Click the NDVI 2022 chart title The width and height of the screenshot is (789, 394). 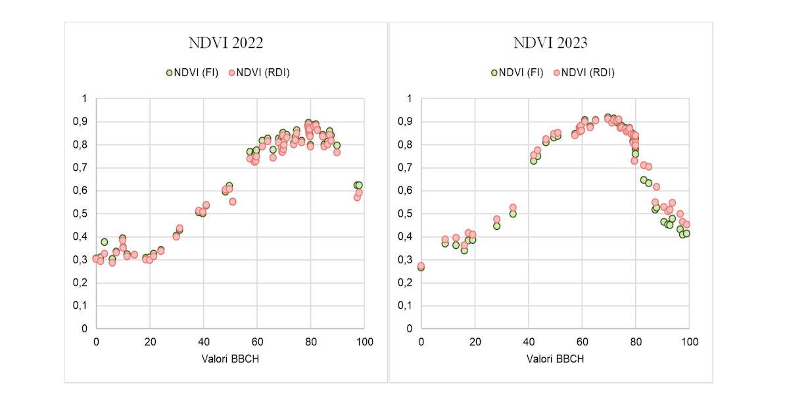pyautogui.click(x=226, y=43)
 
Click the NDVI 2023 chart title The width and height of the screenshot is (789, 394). pyautogui.click(x=550, y=43)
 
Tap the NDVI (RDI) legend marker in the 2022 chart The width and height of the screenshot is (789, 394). pyautogui.click(x=231, y=73)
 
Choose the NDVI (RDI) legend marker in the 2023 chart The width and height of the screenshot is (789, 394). pyautogui.click(x=556, y=73)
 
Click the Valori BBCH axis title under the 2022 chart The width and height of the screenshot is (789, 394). pyautogui.click(x=230, y=359)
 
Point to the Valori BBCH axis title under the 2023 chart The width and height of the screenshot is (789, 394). pyautogui.click(x=555, y=359)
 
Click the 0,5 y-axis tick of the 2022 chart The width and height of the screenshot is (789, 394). pyautogui.click(x=80, y=213)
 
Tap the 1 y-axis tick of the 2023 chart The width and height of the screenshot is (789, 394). pyautogui.click(x=408, y=98)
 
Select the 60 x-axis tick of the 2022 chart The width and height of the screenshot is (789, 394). pyautogui.click(x=257, y=342)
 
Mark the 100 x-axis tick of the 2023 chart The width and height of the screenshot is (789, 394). pyautogui.click(x=689, y=342)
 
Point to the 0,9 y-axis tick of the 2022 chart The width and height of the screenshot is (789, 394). pyautogui.click(x=80, y=121)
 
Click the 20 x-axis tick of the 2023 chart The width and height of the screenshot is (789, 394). pyautogui.click(x=475, y=342)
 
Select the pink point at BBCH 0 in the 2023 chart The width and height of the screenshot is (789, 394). pyautogui.click(x=421, y=266)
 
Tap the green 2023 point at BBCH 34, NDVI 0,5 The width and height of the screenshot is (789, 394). pyautogui.click(x=513, y=213)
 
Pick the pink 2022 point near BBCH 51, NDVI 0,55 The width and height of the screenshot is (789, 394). pyautogui.click(x=232, y=202)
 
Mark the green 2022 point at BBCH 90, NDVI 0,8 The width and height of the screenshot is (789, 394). pyautogui.click(x=337, y=145)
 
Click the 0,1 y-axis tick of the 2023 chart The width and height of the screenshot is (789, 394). pyautogui.click(x=404, y=305)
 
